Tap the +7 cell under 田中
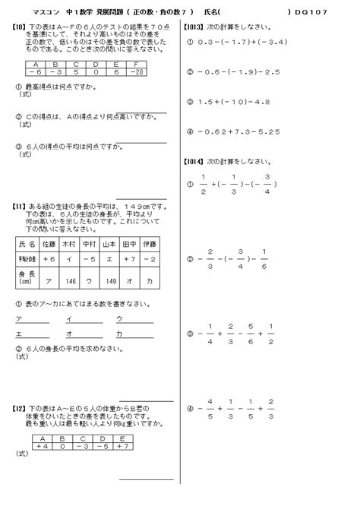128,260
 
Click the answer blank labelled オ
84,334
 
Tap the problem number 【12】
21,408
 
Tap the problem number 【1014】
197,161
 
